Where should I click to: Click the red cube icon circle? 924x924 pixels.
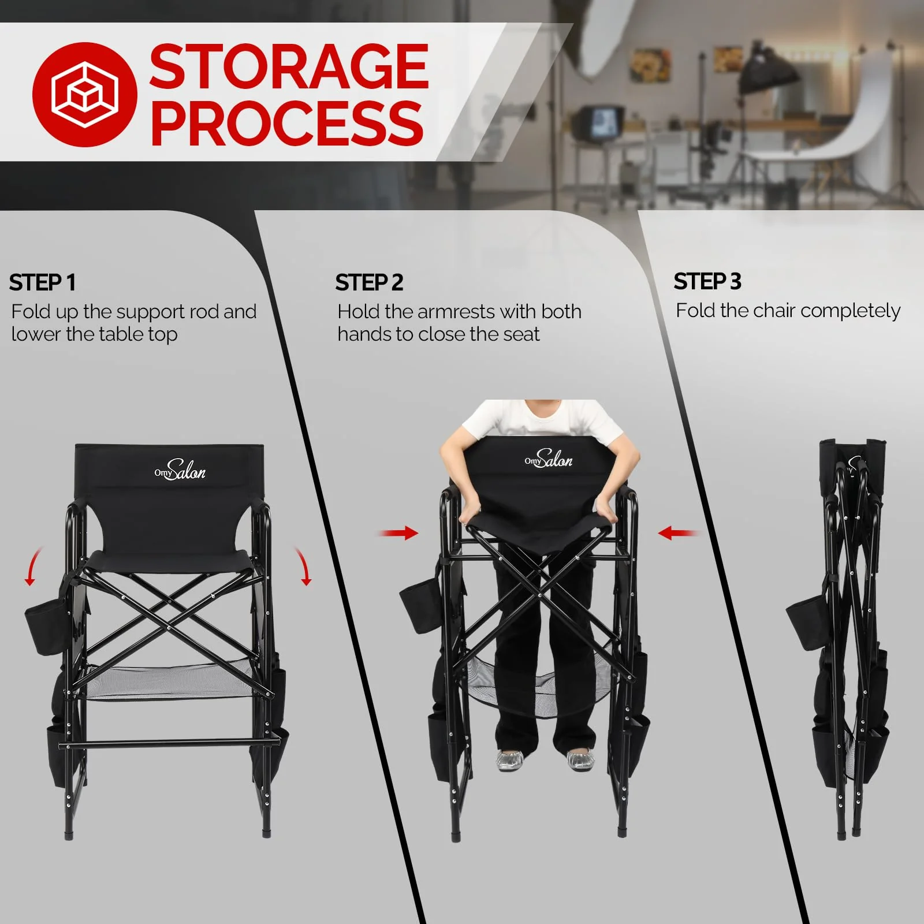tap(85, 94)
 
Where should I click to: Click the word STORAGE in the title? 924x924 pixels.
tap(289, 68)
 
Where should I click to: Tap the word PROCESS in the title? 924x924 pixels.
tap(287, 123)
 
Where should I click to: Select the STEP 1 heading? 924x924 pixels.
tap(42, 282)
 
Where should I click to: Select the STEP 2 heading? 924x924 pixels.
tap(369, 282)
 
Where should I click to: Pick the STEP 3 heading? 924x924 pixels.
tap(707, 281)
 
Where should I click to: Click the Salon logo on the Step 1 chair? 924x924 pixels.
tap(180, 470)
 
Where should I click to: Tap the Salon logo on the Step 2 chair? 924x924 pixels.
tap(549, 459)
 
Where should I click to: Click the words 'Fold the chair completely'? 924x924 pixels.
tap(788, 311)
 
